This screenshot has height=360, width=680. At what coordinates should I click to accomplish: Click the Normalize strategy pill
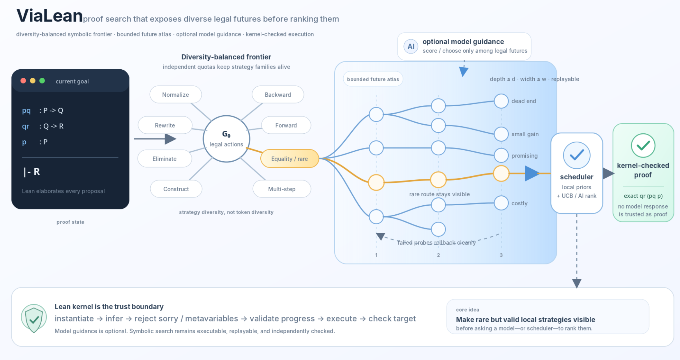176,94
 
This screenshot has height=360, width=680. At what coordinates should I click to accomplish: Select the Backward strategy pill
278,94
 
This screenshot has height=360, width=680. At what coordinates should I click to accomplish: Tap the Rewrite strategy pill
165,125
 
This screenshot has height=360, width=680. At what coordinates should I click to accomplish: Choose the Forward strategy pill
286,125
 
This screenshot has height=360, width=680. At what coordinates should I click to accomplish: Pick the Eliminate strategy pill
165,158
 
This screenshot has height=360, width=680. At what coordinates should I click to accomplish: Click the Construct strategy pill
176,189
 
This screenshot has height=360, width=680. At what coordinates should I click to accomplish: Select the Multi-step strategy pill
282,189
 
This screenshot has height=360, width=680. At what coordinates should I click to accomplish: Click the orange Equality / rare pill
289,158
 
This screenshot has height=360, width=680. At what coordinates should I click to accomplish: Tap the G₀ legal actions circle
226,139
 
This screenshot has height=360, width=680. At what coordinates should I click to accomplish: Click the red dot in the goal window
23,81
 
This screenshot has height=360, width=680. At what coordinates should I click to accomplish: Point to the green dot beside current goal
42,81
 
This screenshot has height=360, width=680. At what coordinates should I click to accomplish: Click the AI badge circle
411,46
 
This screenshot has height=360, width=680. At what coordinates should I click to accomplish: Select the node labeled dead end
501,101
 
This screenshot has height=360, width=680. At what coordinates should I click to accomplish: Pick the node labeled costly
501,203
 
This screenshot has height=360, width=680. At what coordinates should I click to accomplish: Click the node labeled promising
501,155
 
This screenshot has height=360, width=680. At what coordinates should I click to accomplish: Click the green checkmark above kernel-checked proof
643,145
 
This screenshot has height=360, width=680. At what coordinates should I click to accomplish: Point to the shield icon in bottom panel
34,318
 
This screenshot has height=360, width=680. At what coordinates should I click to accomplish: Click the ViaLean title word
50,16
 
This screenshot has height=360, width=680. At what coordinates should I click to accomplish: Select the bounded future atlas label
373,79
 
